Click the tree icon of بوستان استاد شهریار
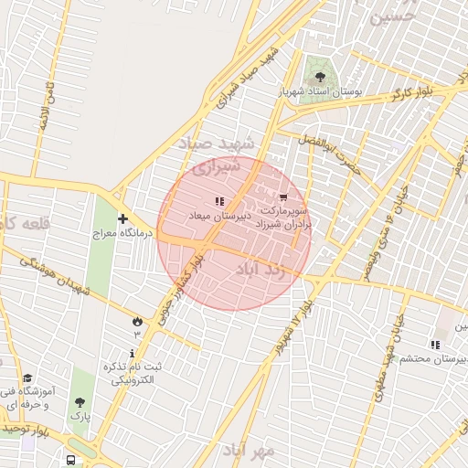coord(320,77)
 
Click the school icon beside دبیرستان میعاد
coord(219,200)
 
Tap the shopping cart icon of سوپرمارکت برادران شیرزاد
coord(282,197)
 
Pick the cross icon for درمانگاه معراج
coord(122,218)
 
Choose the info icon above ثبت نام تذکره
coord(133,353)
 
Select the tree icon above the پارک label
coord(80,401)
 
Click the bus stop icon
coord(70,460)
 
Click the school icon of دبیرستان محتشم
coord(435,345)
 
